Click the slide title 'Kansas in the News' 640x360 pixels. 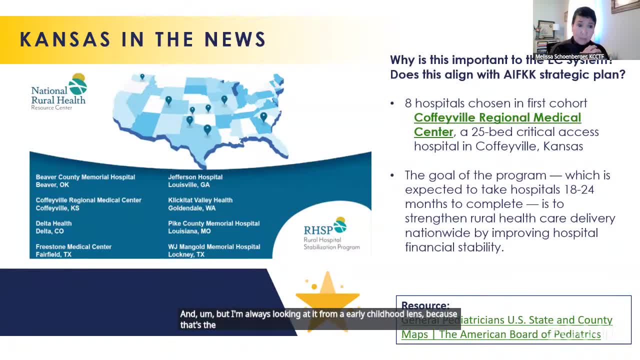coord(142,39)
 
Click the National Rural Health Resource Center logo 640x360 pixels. coord(59,92)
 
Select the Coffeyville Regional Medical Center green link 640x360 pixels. coord(497,124)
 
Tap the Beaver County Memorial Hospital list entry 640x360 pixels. coord(85,180)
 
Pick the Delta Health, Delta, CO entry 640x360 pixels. coord(53,227)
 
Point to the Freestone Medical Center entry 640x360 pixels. coord(73,250)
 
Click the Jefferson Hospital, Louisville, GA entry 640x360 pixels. coord(195,180)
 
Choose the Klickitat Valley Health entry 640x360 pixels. coord(200,204)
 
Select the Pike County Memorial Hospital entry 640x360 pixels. coord(213,227)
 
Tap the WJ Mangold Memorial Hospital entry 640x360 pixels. coord(214,250)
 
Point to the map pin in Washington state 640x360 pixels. coord(142,77)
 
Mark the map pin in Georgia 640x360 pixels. coord(263,117)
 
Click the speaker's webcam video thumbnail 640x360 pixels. coord(586,30)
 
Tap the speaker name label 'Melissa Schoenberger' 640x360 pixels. coord(570,57)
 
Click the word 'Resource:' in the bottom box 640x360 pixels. coord(425,305)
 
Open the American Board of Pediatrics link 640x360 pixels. coord(506,327)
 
